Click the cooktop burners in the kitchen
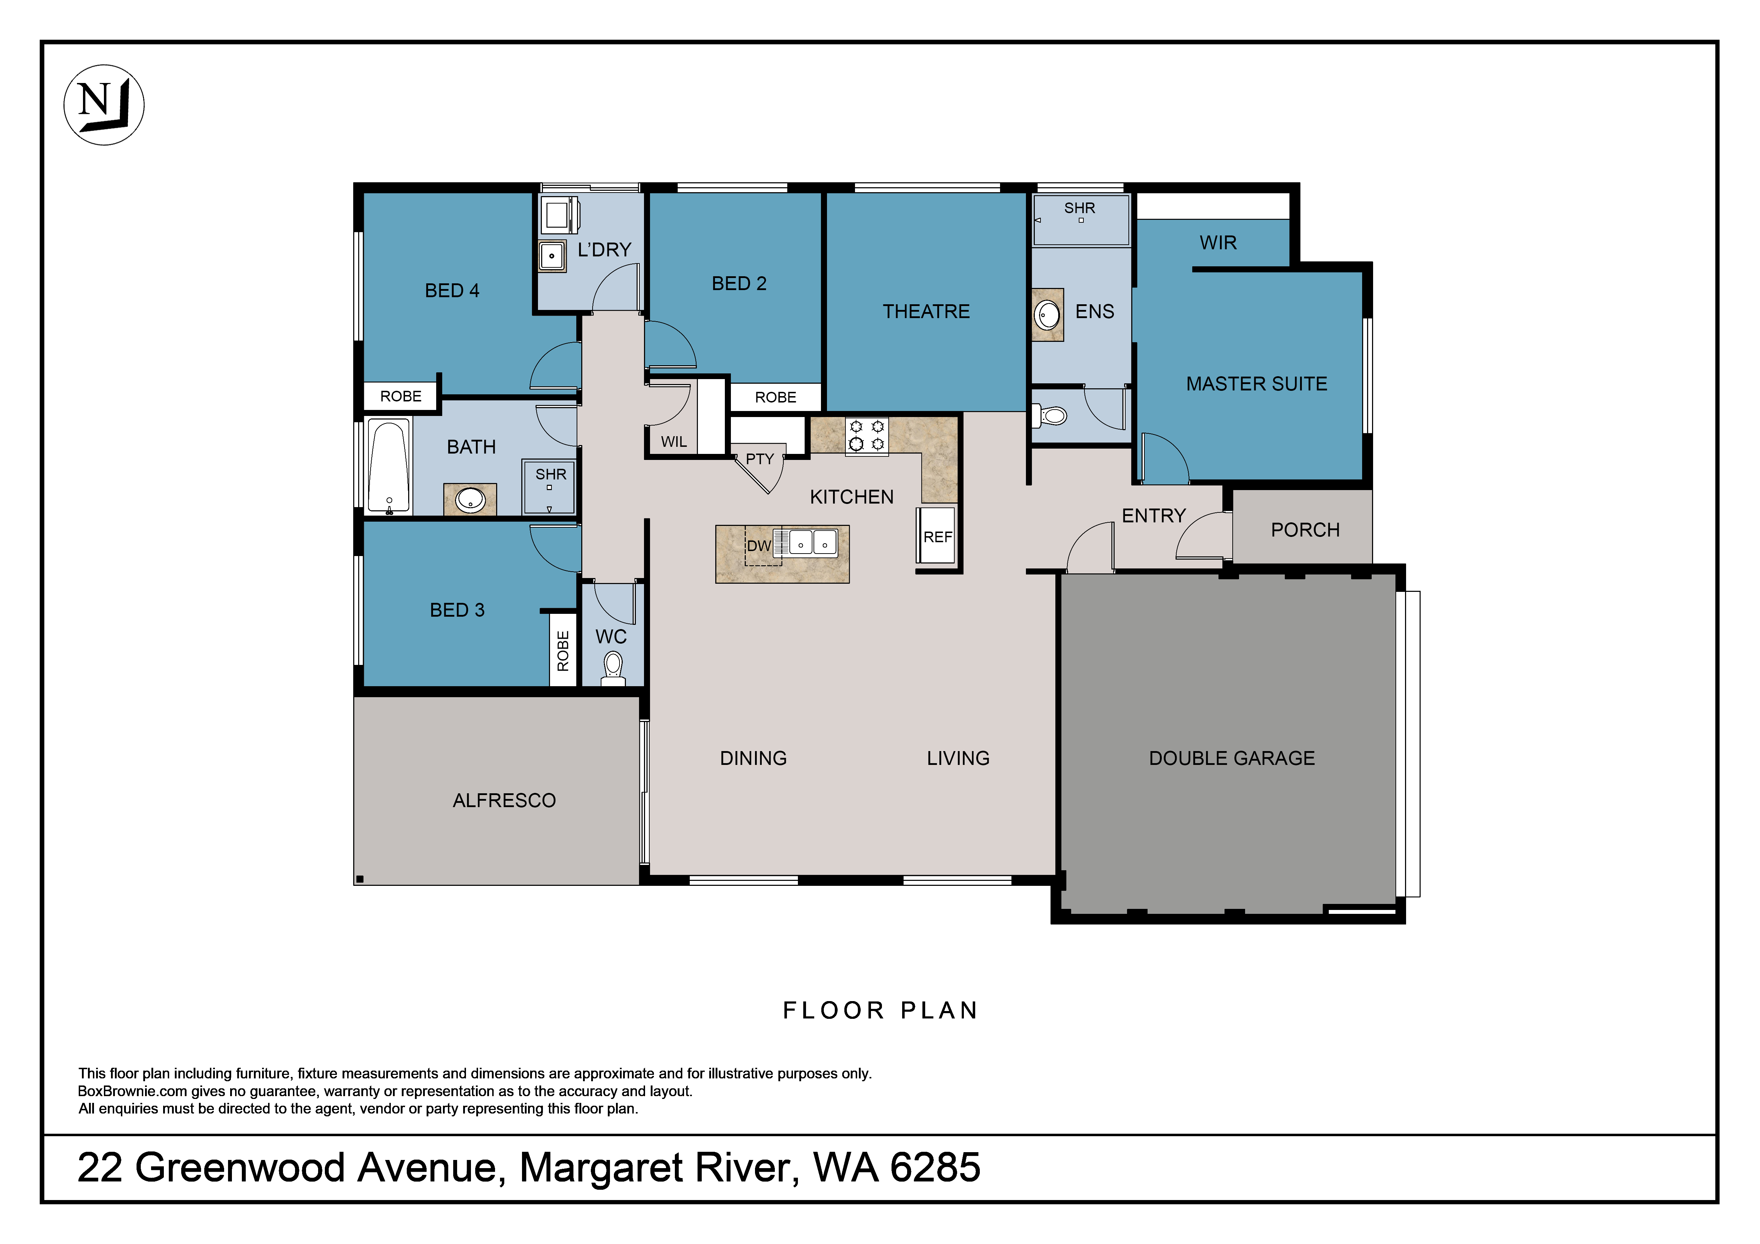click(867, 435)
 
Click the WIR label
click(1218, 243)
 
